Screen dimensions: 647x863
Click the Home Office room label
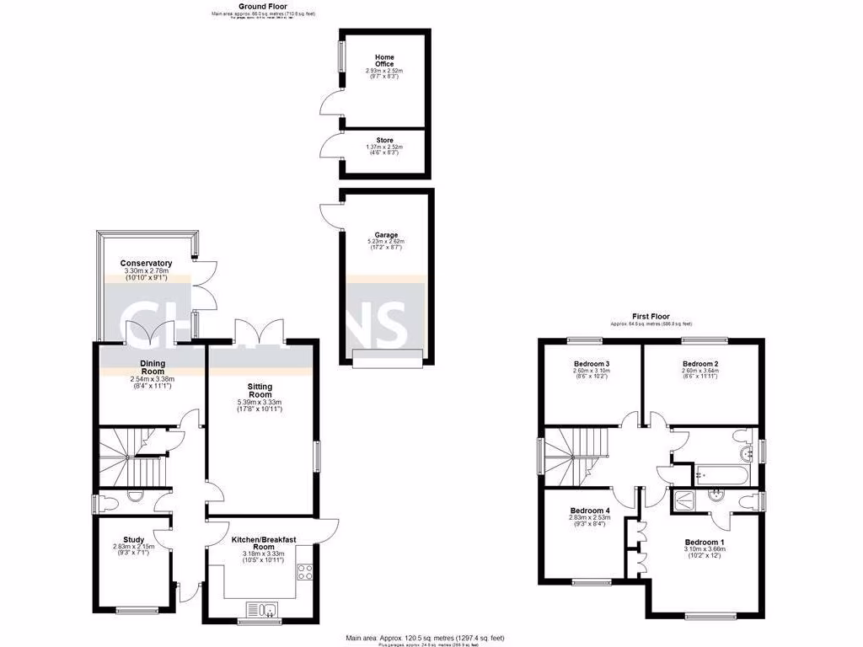click(384, 62)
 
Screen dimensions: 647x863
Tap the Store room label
click(384, 141)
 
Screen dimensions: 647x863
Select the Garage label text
click(386, 236)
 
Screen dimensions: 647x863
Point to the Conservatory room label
click(146, 264)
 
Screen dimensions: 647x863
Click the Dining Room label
click(153, 368)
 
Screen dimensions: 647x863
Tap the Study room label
click(133, 540)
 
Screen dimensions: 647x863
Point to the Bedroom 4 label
click(590, 511)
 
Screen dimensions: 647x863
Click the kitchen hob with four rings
click(303, 574)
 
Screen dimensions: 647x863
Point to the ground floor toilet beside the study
click(110, 503)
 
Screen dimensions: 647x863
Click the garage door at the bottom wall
click(387, 360)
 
